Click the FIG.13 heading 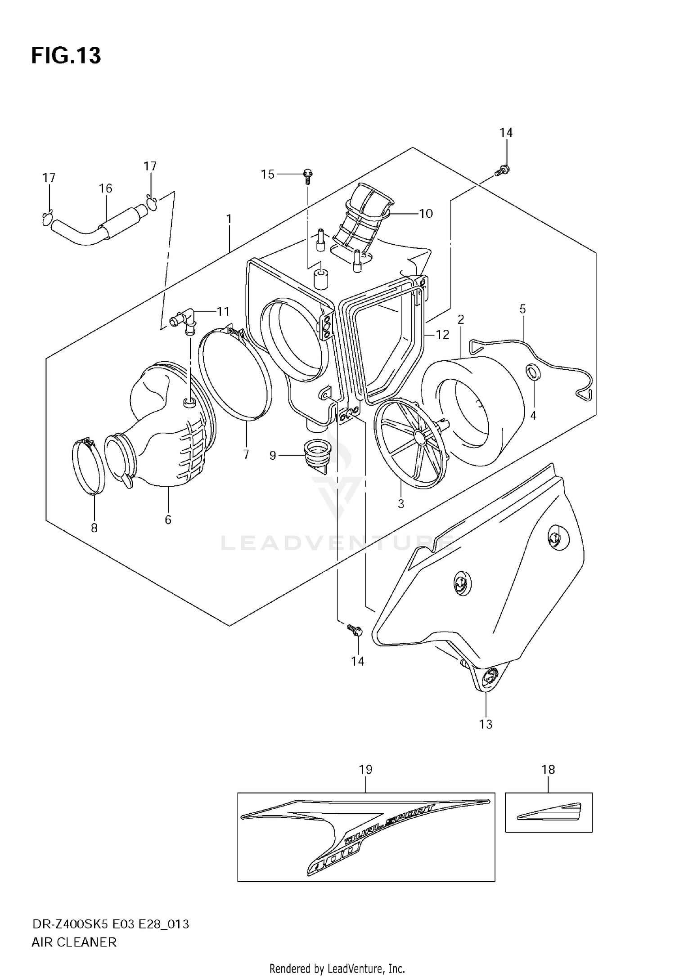(66, 56)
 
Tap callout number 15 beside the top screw (268, 174)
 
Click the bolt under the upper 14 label (502, 171)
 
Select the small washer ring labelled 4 (532, 372)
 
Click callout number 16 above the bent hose (106, 188)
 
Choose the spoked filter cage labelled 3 (410, 443)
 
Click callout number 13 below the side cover (486, 724)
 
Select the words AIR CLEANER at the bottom (74, 942)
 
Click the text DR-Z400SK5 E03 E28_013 (110, 924)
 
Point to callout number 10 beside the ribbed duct (426, 213)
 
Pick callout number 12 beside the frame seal (442, 335)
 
